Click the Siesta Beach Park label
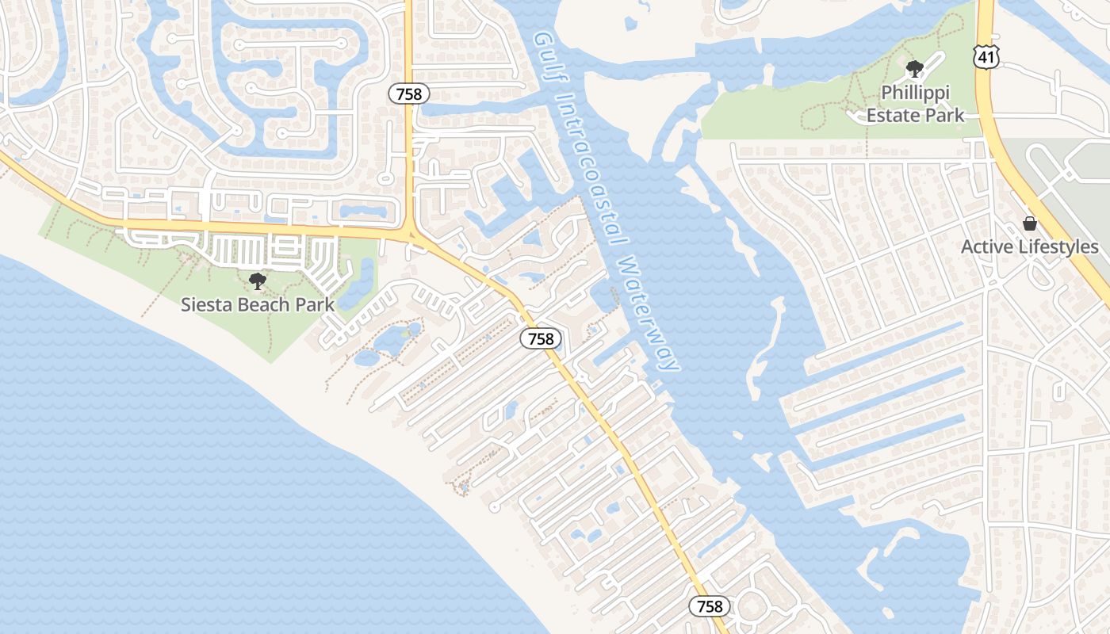258,304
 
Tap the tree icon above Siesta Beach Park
257,281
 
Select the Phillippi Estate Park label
915,104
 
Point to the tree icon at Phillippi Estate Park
915,69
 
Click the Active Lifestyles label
1030,246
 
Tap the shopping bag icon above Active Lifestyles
1030,223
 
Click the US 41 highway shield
986,55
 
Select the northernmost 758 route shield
409,94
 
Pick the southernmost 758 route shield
710,606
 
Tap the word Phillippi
915,93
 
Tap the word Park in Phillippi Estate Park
946,115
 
